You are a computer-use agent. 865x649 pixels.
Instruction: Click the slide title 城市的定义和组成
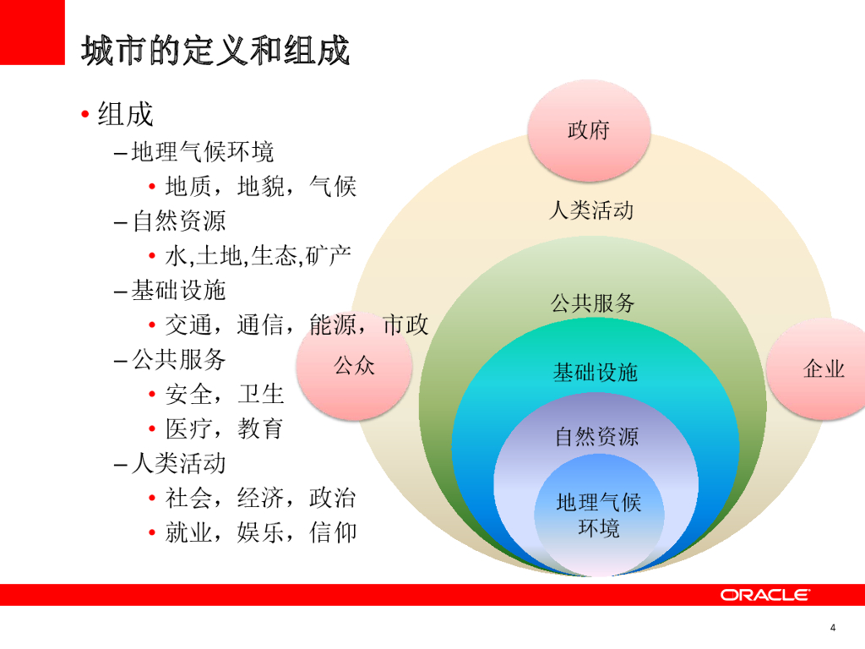click(x=215, y=51)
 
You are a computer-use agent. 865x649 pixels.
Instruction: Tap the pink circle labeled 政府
click(x=589, y=130)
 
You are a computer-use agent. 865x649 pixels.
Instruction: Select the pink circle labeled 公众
click(x=354, y=367)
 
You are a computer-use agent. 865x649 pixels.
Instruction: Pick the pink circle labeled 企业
click(x=822, y=368)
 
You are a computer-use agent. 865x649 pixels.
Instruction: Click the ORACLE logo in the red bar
click(x=765, y=595)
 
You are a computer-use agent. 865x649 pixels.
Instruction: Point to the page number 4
click(x=833, y=627)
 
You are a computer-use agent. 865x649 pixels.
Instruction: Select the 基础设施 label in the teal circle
click(x=595, y=372)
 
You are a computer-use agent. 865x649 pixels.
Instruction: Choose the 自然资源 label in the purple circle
click(x=596, y=437)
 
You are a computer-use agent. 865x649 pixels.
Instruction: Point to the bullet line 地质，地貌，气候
click(x=260, y=186)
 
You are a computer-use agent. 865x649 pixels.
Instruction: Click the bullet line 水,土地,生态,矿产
click(x=258, y=255)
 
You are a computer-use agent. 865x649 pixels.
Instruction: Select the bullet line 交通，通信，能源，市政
click(x=296, y=324)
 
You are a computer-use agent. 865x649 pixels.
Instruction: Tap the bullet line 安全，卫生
click(x=225, y=394)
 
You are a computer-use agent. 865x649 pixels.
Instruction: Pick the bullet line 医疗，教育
click(x=224, y=428)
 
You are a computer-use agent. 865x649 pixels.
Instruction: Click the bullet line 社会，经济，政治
click(x=260, y=498)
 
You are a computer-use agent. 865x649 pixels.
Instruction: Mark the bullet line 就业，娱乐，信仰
click(x=260, y=532)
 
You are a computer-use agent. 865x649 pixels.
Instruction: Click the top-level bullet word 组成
click(x=125, y=113)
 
